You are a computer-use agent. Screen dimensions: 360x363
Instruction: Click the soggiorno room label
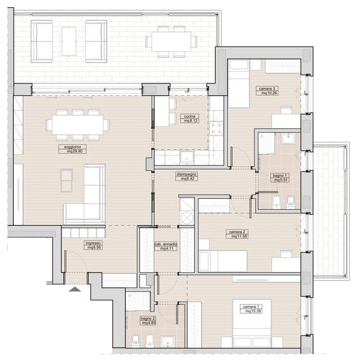point(72,147)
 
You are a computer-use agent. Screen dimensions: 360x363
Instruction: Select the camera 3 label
point(267,89)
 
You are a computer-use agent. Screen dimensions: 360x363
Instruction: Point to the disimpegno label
point(186,174)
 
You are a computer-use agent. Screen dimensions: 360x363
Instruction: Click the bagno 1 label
point(279,176)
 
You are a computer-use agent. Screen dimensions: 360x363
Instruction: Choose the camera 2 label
point(237,232)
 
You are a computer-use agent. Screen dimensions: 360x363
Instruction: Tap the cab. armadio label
point(166,244)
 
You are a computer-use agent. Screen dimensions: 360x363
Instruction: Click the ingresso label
point(93,243)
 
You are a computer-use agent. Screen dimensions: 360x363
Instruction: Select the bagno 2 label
point(147,318)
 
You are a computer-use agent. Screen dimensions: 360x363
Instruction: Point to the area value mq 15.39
point(253,311)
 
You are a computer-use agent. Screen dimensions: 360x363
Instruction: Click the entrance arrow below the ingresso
point(75,289)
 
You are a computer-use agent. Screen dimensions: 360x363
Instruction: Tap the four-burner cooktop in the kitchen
point(216,128)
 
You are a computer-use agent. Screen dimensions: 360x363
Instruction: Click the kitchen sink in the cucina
point(187,157)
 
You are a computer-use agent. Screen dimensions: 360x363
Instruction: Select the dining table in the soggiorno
point(78,125)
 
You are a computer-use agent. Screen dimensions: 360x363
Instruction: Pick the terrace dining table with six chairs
point(171,41)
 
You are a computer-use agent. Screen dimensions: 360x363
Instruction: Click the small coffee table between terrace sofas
point(69,41)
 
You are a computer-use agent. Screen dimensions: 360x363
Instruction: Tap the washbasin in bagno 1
point(288,138)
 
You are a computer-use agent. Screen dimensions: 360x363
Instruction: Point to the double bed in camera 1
point(252,324)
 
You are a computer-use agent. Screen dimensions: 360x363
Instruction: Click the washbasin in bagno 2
point(168,342)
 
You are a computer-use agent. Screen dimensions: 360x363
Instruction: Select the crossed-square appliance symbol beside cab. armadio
point(187,217)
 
